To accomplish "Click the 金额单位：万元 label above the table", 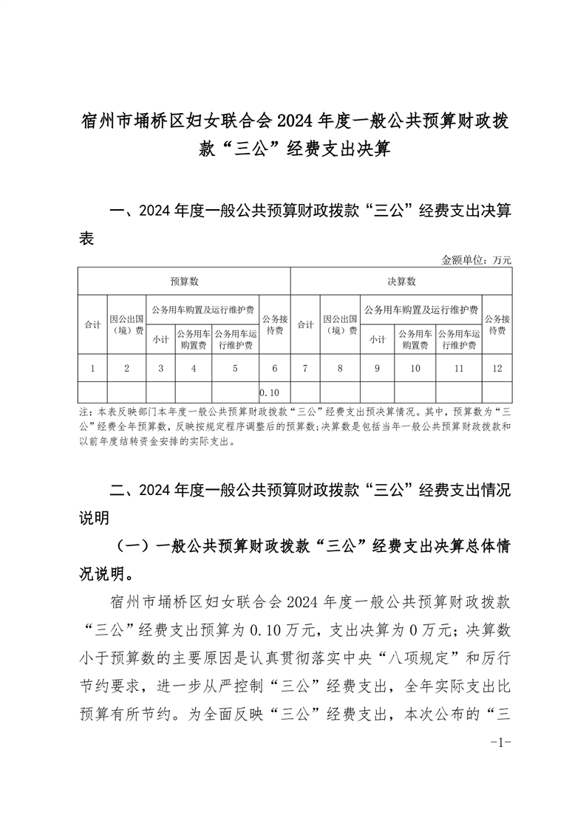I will coord(476,260).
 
